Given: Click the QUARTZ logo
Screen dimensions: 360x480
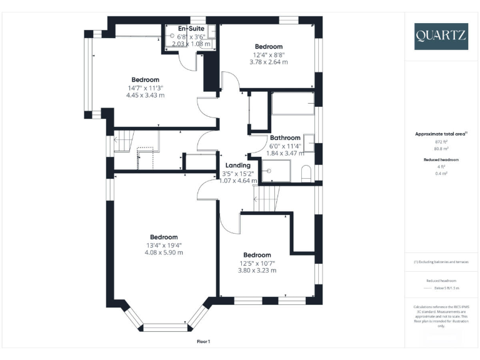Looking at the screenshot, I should coord(441,36).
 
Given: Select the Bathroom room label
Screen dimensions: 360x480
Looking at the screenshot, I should coord(285,137).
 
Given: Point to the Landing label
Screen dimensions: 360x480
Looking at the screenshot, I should coord(237,165).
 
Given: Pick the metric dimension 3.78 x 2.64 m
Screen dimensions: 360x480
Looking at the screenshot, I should coord(269,62).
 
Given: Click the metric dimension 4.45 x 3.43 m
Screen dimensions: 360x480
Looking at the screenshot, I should coord(145,95).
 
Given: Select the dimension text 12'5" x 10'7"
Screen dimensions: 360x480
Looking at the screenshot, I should coord(257,262).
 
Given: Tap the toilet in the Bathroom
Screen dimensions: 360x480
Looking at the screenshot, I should coord(307,173).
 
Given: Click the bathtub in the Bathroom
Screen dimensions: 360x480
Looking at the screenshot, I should coord(292,104).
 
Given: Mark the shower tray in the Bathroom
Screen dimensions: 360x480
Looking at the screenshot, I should coord(275,170).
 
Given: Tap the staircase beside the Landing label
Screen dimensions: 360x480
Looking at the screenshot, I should coord(266,201).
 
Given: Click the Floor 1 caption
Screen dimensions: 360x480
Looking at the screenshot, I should coord(204,341).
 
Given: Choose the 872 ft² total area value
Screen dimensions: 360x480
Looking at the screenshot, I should coord(441,142).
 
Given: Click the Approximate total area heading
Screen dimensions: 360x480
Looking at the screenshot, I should coord(441,134).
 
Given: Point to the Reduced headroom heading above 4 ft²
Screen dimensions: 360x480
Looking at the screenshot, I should coord(441,159).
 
